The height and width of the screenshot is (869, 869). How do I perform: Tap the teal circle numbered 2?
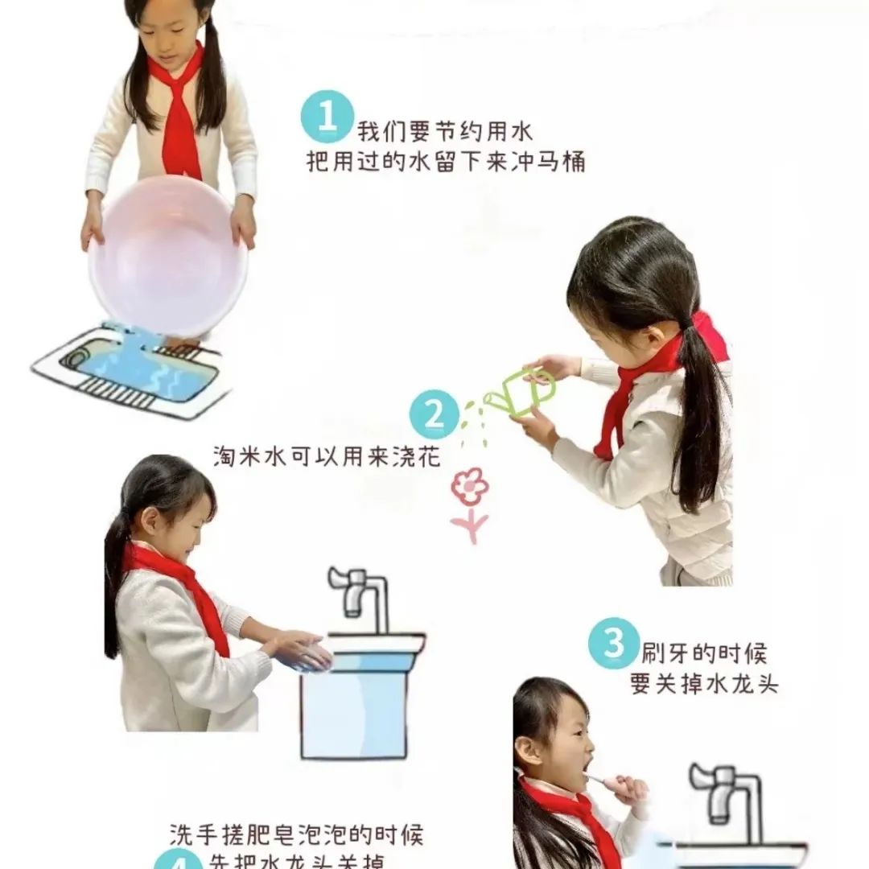tap(434, 415)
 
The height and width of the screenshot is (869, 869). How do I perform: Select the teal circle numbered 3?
tap(614, 643)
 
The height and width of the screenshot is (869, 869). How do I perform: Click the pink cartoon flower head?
tap(469, 487)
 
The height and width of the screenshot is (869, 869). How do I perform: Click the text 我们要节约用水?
tap(445, 130)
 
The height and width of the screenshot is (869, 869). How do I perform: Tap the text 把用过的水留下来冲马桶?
tap(445, 162)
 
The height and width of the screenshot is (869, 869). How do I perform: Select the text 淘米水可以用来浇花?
tap(327, 456)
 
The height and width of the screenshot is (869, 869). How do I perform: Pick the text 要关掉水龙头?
tap(704, 683)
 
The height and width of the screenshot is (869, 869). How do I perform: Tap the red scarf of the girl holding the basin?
tap(179, 113)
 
